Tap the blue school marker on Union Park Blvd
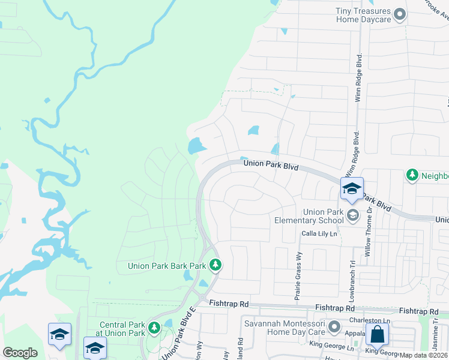point(352,188)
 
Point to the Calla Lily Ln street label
point(320,233)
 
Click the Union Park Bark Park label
point(166,265)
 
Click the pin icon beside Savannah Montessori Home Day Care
point(334,328)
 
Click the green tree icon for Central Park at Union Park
point(154,328)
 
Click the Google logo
point(20,353)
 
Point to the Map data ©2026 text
point(423,355)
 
